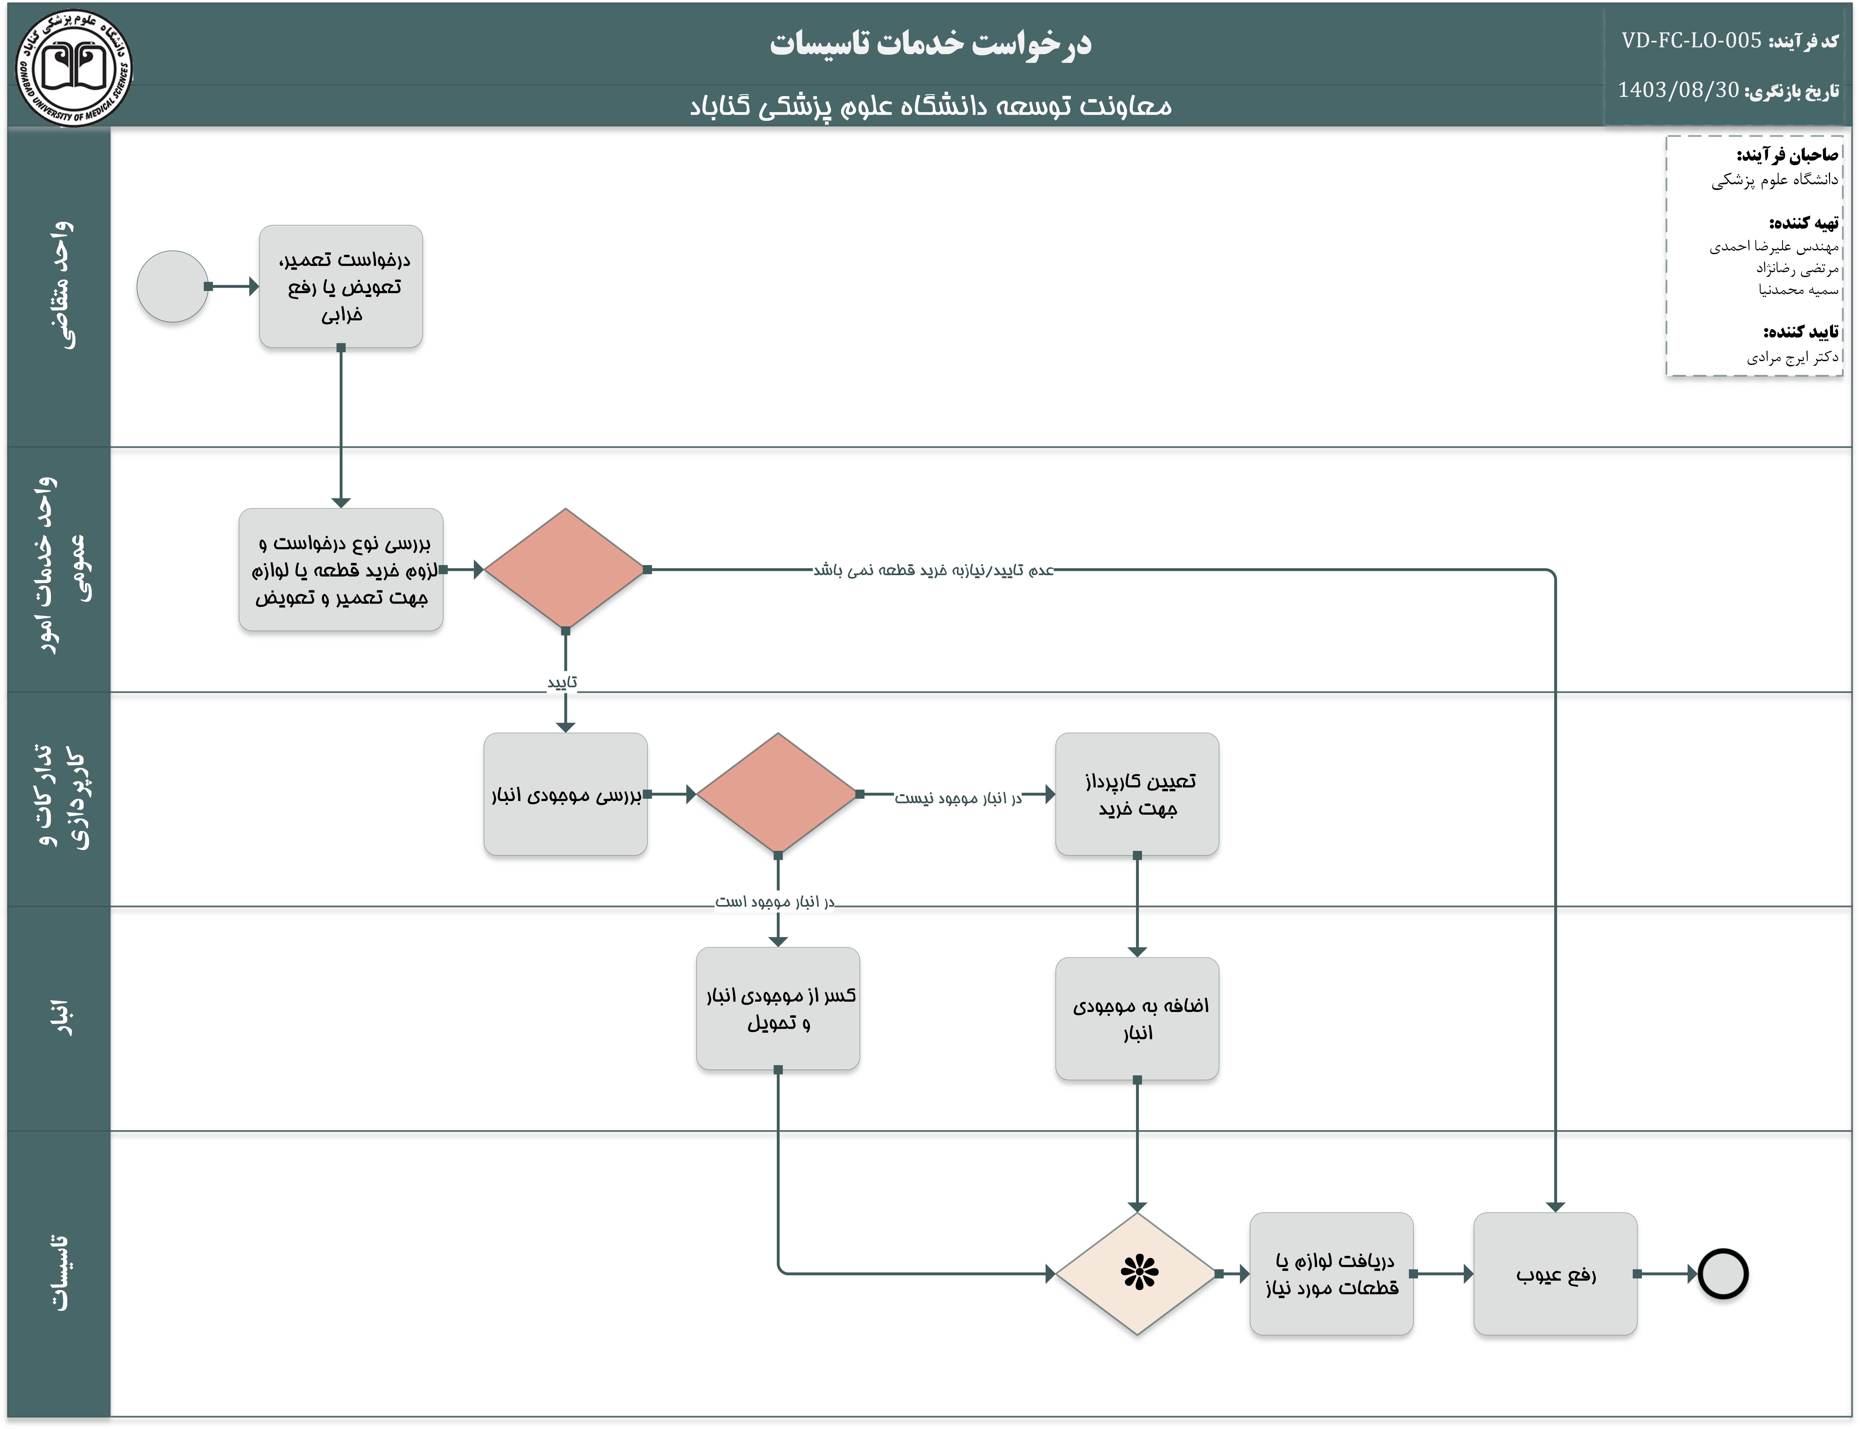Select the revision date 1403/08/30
(1678, 90)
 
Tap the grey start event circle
(173, 287)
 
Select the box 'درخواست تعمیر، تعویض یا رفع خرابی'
(341, 287)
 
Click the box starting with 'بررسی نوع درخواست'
(341, 570)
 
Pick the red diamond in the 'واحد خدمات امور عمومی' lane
(565, 569)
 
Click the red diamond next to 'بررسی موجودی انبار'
(778, 794)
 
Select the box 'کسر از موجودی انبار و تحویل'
(778, 1009)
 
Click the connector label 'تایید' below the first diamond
(563, 682)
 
